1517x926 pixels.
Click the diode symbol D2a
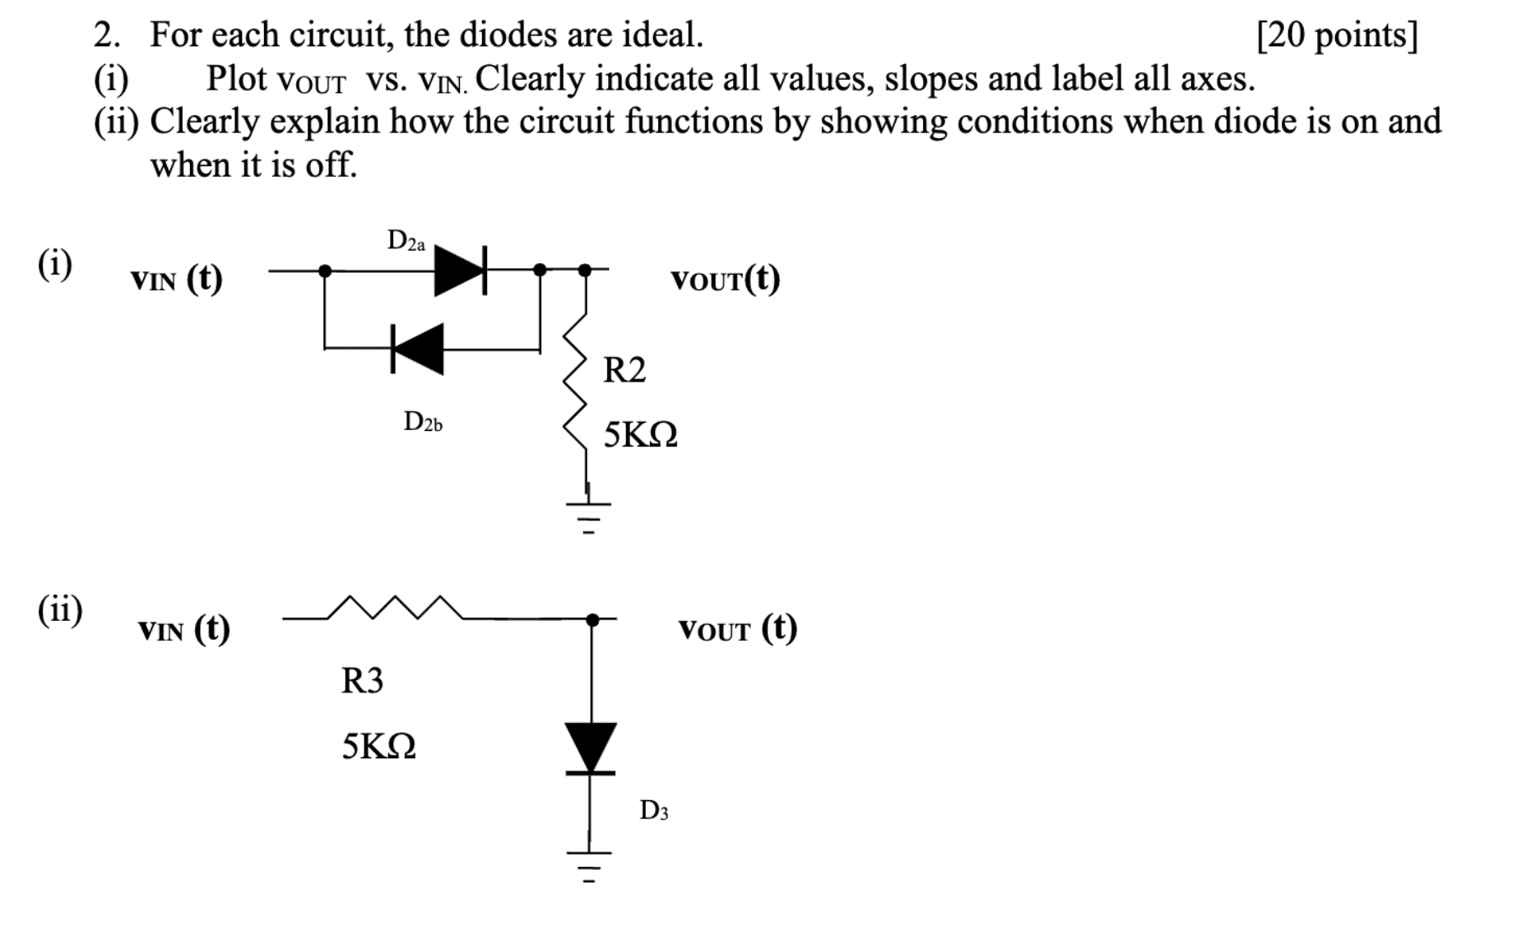click(x=460, y=269)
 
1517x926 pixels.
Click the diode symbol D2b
click(x=418, y=349)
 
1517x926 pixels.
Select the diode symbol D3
click(x=591, y=748)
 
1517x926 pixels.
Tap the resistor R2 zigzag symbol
click(x=576, y=381)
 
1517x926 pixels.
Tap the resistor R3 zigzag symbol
click(x=395, y=608)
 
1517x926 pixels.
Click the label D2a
click(x=406, y=241)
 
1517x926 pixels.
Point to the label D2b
click(x=423, y=423)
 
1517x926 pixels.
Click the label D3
click(x=654, y=811)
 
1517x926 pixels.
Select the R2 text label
click(x=624, y=370)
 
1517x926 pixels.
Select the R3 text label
click(x=362, y=681)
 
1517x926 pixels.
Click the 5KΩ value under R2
click(x=640, y=435)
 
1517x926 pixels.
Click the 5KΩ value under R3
click(x=378, y=747)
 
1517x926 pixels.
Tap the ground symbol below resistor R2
click(x=587, y=515)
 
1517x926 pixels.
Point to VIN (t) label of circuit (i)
click(x=176, y=280)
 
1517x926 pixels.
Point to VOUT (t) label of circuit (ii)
click(x=737, y=629)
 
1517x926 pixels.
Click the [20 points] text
click(x=1337, y=35)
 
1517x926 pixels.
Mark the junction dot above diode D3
click(x=592, y=619)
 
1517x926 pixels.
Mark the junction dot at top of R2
click(x=585, y=269)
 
